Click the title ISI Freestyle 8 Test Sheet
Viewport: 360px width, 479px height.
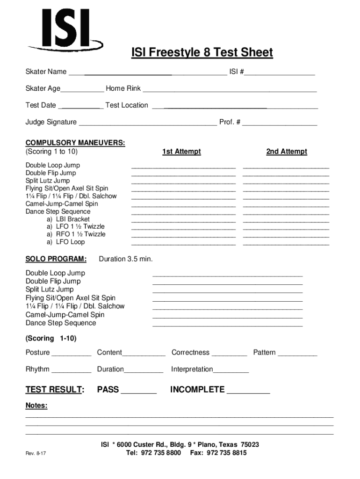202,53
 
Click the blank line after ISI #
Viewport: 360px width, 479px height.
280,74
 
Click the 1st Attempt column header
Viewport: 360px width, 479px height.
181,152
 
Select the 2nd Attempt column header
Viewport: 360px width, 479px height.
287,152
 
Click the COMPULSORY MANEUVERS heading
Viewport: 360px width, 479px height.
75,143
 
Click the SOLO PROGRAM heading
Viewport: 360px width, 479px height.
56,259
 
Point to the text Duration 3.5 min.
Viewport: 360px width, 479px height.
126,259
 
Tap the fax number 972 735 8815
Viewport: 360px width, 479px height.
226,453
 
